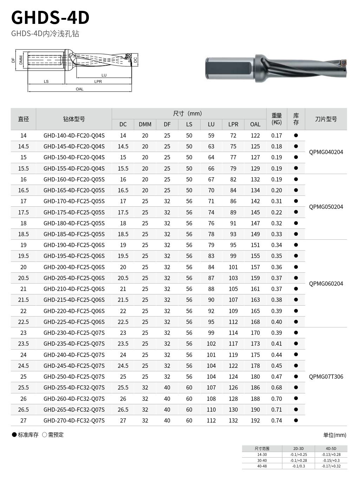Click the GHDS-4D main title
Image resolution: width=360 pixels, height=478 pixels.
(50, 18)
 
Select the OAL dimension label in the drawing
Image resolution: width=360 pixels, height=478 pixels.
(80, 89)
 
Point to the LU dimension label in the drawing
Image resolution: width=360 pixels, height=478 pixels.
(104, 75)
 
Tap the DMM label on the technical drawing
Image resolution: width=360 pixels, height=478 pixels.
(21, 60)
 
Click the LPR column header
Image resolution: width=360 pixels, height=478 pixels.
(233, 124)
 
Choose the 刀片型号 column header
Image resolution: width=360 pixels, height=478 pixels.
(326, 119)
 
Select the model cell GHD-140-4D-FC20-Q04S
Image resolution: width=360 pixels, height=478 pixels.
(74, 135)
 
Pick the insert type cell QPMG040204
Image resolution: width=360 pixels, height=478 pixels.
(326, 152)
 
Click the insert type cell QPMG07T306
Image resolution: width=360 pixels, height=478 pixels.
(326, 377)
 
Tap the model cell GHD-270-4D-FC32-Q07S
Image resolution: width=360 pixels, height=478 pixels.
(74, 420)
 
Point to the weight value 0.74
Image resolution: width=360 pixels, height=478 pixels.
(276, 420)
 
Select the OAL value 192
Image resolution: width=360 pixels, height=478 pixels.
(255, 420)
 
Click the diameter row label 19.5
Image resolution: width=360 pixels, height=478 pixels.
(24, 256)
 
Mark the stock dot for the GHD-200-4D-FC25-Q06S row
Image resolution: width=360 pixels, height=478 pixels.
(296, 267)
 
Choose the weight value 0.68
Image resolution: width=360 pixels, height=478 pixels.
(276, 387)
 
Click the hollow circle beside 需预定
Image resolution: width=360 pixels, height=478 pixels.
(45, 435)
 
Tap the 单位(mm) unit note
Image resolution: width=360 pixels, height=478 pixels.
(335, 435)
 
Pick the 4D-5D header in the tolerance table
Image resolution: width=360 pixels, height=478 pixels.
(331, 449)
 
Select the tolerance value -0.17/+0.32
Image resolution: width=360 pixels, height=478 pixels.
(331, 466)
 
